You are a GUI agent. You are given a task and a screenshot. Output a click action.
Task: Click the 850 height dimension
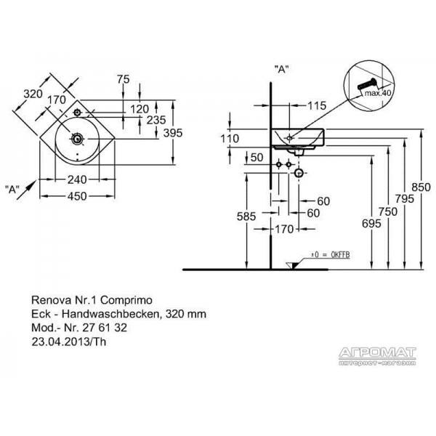pos(421,187)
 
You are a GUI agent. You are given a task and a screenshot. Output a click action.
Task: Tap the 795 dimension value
pos(405,199)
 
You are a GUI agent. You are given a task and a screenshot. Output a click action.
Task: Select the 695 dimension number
pos(371,223)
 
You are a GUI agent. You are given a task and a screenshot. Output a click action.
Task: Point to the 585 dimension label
pos(246,217)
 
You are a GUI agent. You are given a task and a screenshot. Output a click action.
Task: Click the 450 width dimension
pos(77,196)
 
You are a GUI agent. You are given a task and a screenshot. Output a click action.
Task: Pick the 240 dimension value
pos(77,180)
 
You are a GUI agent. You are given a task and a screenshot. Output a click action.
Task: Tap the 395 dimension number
pos(173,133)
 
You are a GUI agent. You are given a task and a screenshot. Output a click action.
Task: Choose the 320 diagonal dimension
pos(33,94)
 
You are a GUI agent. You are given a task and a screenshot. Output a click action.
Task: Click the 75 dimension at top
pos(124,79)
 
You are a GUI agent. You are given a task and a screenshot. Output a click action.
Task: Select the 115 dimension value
pos(317,105)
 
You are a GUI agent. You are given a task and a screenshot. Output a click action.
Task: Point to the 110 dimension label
pos(230,139)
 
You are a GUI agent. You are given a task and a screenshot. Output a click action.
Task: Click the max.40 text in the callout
pos(378,93)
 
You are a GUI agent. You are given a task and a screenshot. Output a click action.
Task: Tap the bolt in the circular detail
pos(366,84)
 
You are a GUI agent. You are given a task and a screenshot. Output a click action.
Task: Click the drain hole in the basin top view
pos(77,139)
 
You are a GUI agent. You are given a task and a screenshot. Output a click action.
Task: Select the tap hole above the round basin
pos(77,113)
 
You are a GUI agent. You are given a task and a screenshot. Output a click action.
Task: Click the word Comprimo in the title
pos(126,300)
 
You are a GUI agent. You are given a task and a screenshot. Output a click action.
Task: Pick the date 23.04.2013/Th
pos(69,342)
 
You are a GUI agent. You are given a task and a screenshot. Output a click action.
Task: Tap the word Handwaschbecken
pos(110,314)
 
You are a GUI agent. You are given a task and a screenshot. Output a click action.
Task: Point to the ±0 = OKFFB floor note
pos(331,255)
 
